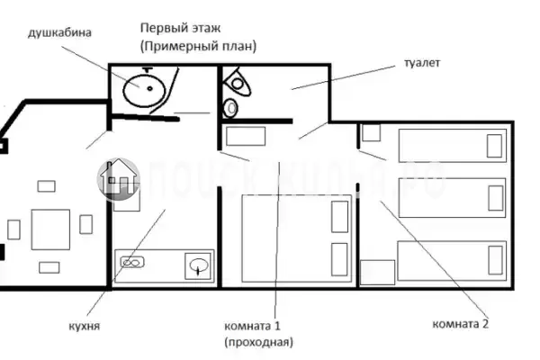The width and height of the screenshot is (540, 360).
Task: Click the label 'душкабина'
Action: point(60,33)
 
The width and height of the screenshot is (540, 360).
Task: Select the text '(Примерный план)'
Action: point(198,45)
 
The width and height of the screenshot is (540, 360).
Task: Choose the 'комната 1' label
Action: point(253,325)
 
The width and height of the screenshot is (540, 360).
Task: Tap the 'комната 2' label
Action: point(460,324)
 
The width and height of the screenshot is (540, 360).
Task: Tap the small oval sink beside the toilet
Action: point(230,108)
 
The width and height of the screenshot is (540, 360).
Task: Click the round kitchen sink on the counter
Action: point(199,265)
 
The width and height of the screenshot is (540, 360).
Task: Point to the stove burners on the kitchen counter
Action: point(132,264)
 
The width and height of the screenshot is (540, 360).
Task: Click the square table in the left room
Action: point(50,229)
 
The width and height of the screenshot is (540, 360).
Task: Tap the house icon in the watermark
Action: point(118,176)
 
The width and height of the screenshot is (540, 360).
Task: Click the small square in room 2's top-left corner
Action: point(371,133)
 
